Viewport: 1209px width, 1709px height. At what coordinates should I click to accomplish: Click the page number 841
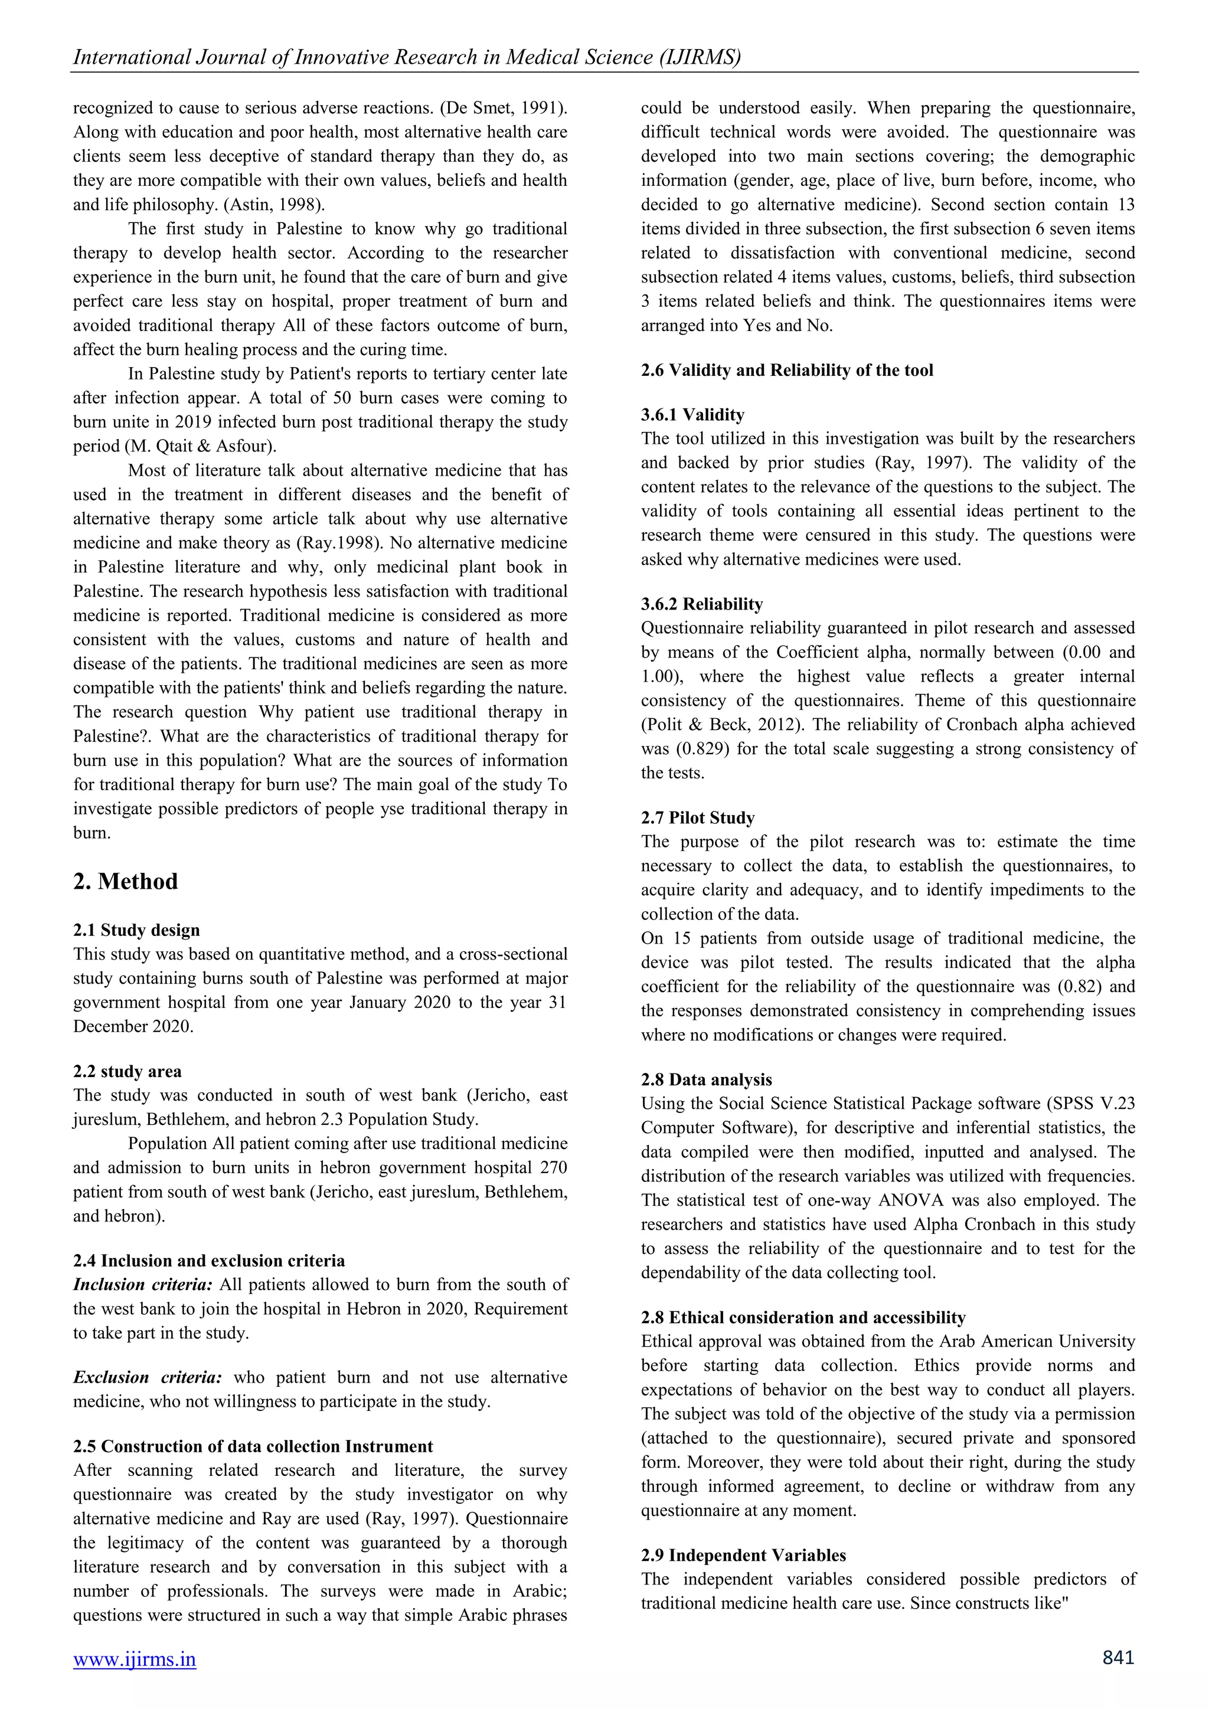(x=1117, y=1657)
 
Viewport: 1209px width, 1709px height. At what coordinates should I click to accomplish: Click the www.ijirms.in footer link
(x=134, y=1658)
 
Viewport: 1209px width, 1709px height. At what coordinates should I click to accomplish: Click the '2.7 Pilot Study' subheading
(x=698, y=817)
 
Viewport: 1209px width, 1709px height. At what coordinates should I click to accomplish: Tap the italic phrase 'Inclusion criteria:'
(x=143, y=1284)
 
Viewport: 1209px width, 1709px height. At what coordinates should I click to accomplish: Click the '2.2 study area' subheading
(x=128, y=1071)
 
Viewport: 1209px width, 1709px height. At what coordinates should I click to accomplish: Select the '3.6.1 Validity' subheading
(x=692, y=415)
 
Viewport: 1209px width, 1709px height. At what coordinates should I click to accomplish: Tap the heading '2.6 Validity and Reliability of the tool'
(x=787, y=370)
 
